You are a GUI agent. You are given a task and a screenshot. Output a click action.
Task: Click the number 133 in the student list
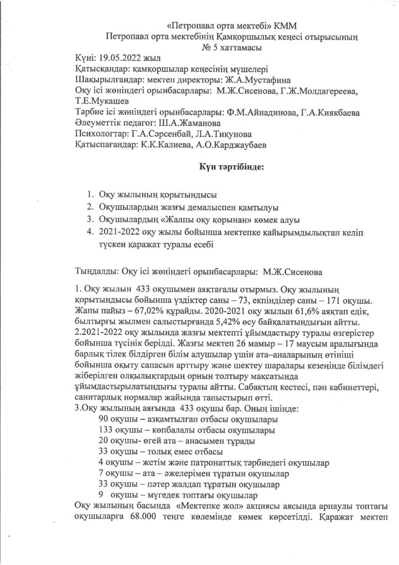[x=105, y=430]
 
